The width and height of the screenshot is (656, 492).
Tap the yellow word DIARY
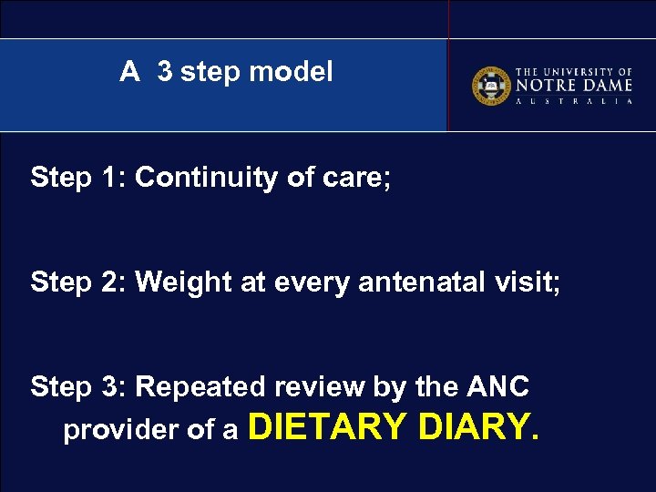477,425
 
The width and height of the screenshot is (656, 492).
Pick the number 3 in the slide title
164,71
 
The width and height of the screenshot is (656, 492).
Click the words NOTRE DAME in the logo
574,87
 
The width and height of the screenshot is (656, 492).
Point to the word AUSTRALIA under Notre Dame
574,102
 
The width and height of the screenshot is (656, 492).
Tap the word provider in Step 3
117,430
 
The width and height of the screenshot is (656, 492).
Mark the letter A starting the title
129,71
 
